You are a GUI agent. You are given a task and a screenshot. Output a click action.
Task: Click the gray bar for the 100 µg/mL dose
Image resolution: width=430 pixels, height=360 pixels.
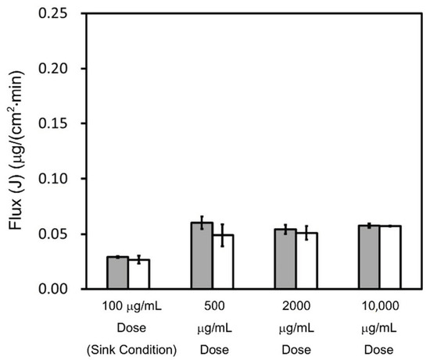pos(117,273)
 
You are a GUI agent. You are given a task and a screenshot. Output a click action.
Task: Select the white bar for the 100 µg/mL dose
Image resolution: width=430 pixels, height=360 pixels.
pos(138,274)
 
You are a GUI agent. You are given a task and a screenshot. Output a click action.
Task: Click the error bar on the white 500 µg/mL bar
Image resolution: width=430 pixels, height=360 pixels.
pos(223,235)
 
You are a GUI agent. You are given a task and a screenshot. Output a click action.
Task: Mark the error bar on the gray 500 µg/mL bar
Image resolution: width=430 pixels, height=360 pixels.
pos(202,223)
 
